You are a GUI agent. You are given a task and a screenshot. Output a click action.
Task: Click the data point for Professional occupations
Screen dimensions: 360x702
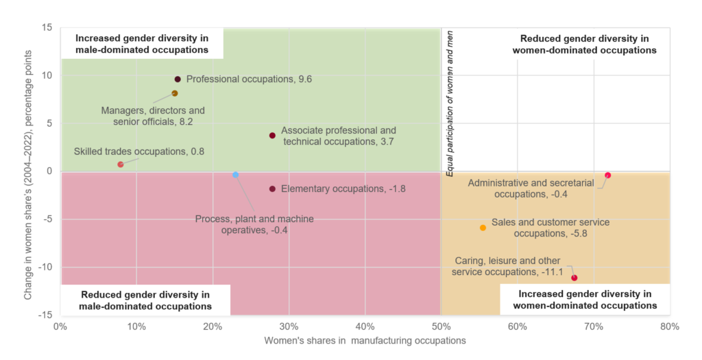[x=178, y=80]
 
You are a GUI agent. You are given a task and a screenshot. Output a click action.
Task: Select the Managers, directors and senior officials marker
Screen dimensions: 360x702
[x=175, y=93]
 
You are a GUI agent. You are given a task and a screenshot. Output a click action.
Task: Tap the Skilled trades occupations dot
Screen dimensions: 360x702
[x=121, y=165]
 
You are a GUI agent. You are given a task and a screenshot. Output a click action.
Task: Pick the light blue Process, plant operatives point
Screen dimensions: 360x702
[x=236, y=175]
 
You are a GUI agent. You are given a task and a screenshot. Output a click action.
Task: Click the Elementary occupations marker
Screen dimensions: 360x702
[x=273, y=189]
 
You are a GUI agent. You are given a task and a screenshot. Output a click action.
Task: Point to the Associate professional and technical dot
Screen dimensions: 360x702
[x=273, y=135]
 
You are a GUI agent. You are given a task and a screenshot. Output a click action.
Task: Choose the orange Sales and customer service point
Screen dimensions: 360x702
[x=483, y=228]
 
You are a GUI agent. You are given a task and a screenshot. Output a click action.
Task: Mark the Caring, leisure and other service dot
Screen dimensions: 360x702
[x=574, y=278]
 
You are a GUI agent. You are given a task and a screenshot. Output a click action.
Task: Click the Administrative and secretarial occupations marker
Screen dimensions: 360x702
[x=607, y=176]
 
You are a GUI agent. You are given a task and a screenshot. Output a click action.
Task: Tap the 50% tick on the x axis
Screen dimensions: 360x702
[x=441, y=326]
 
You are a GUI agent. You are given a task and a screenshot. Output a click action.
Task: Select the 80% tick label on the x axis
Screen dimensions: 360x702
[x=669, y=326]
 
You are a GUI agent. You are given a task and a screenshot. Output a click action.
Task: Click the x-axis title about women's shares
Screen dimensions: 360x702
[x=365, y=340]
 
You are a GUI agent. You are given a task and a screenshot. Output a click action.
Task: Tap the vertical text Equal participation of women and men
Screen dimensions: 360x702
[x=450, y=103]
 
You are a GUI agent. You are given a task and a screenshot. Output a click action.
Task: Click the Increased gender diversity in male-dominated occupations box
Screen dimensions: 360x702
[x=142, y=44]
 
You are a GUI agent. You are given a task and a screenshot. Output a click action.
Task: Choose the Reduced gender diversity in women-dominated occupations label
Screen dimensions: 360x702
[x=585, y=44]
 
